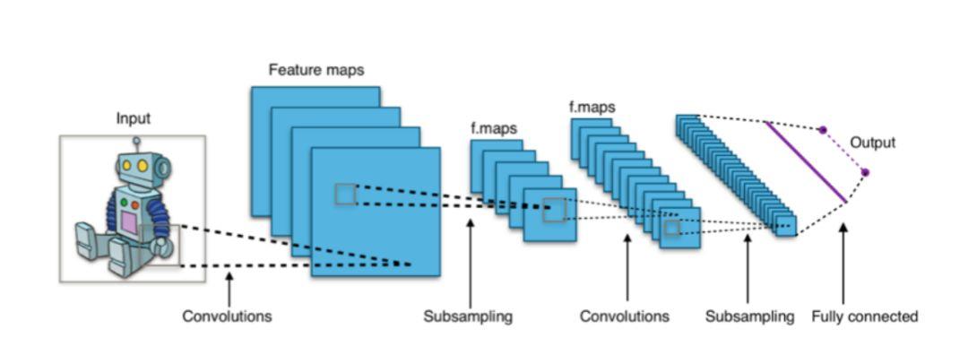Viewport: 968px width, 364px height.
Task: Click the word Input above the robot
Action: pos(134,118)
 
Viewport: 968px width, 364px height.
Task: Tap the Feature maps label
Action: pos(316,70)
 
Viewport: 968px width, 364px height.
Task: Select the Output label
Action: pos(872,143)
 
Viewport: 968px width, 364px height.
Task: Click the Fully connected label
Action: pos(864,316)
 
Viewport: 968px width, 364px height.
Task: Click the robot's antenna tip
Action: pos(136,141)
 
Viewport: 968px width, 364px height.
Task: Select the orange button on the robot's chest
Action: pos(135,205)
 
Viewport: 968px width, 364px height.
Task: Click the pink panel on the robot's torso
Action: pos(130,221)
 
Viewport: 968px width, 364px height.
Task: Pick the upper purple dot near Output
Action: pos(822,130)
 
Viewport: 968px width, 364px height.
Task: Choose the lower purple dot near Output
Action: pos(865,172)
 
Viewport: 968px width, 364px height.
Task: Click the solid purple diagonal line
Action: pos(805,162)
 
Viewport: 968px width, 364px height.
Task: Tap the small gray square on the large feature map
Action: pos(345,194)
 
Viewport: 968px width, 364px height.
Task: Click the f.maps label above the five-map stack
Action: pos(494,128)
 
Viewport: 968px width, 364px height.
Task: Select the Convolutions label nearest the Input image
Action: pos(227,316)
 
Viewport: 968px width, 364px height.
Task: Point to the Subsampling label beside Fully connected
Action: pos(749,316)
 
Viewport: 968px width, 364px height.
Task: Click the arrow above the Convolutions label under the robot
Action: pos(229,289)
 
